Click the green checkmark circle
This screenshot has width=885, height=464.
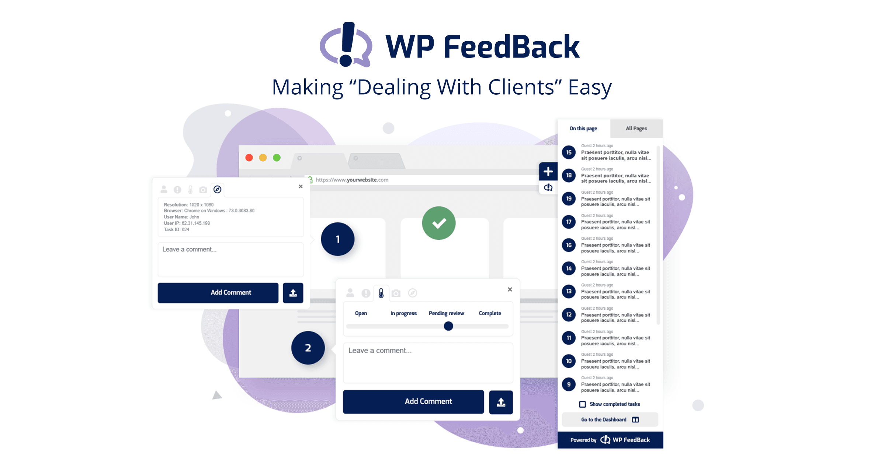point(439,223)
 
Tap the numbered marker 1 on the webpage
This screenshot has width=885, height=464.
point(338,239)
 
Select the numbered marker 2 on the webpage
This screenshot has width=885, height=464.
point(308,348)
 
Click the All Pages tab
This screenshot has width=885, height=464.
point(636,129)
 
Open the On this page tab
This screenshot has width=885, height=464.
point(583,129)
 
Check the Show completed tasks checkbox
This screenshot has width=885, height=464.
point(583,404)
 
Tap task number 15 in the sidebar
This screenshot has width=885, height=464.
point(569,152)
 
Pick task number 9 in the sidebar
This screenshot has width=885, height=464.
point(569,384)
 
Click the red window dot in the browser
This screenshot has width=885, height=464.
point(249,158)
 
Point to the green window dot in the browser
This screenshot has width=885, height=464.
point(277,158)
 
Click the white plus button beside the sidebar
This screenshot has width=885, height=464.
point(548,171)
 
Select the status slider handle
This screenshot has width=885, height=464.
point(448,326)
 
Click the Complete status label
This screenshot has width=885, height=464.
point(490,313)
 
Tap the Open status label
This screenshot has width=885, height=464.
point(361,313)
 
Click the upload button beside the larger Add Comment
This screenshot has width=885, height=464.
point(501,402)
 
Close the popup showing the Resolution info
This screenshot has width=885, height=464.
point(301,186)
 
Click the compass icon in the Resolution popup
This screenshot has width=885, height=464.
point(218,189)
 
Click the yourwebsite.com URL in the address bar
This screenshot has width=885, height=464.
point(352,180)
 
